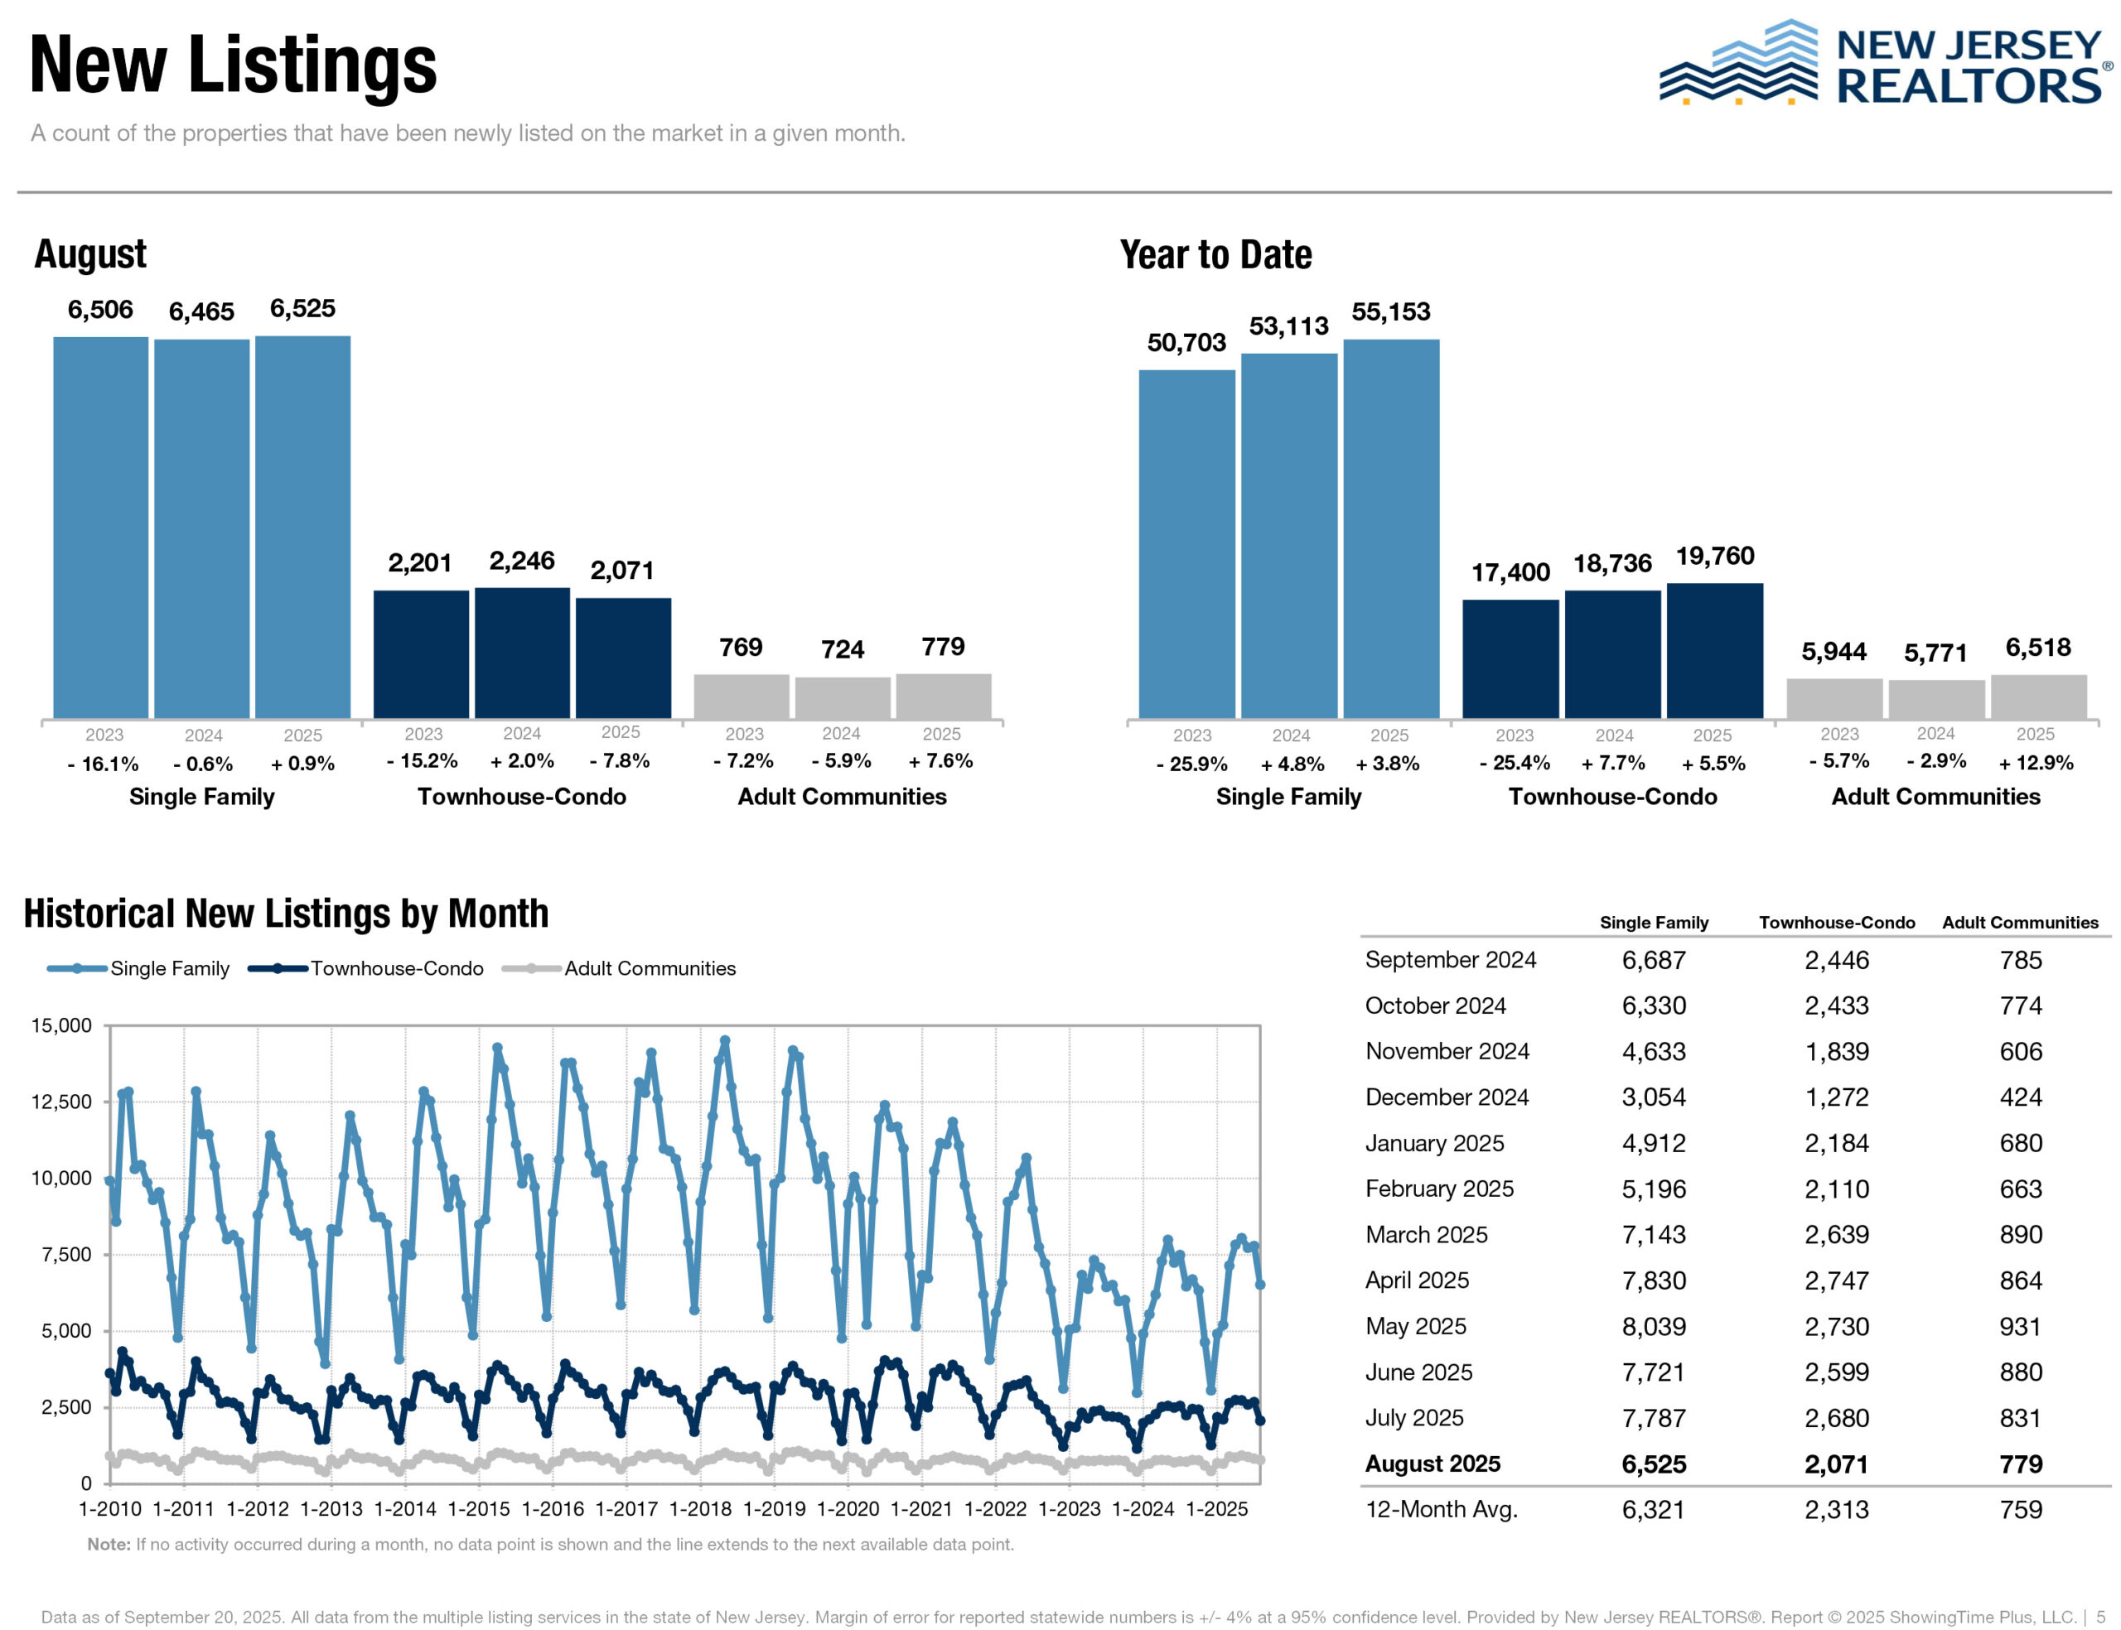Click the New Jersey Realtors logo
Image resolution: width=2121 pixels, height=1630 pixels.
(1882, 64)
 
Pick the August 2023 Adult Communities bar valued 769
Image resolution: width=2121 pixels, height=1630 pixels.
(742, 696)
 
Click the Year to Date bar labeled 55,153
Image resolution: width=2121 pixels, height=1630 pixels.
(1390, 528)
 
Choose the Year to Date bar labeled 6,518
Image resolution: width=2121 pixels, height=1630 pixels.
(2037, 697)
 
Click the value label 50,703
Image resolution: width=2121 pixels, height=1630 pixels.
(1186, 343)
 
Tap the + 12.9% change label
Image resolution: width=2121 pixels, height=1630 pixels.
(2035, 763)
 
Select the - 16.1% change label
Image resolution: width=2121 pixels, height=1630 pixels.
(103, 764)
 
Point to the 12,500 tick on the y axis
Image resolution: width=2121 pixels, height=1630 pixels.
(62, 1102)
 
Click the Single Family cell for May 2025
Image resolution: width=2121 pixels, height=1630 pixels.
(1654, 1326)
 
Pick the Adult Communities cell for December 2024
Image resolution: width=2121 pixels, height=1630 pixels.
(2020, 1097)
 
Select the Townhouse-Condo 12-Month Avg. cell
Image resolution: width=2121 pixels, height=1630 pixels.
(1836, 1510)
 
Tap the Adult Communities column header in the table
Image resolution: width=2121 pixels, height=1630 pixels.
(2019, 923)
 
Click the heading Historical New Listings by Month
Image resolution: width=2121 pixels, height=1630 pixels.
(286, 914)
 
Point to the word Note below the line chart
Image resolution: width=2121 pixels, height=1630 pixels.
(109, 1544)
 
